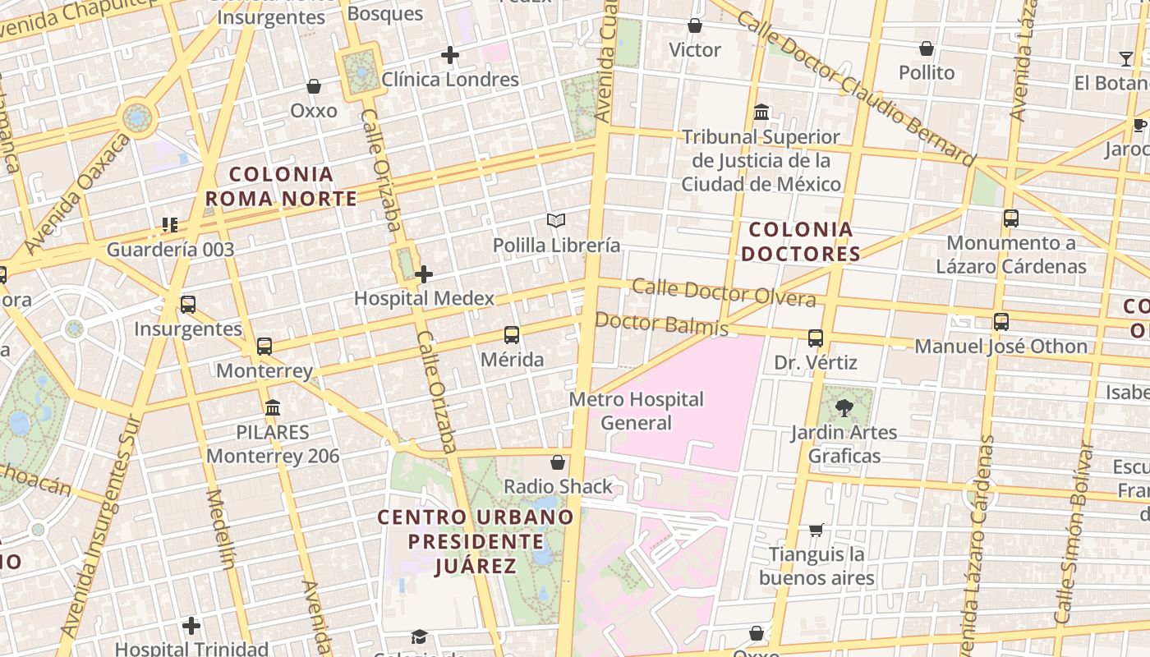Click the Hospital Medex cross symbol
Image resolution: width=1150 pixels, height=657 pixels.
(x=424, y=274)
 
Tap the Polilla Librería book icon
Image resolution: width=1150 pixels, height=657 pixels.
(x=556, y=221)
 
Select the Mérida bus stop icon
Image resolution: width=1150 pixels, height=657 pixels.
(x=512, y=335)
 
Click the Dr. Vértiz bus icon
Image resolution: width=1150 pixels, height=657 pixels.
(x=816, y=338)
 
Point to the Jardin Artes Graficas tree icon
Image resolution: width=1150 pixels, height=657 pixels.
(x=844, y=408)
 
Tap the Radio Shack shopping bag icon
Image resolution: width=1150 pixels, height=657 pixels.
(x=558, y=462)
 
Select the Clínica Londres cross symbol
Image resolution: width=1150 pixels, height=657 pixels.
(x=449, y=55)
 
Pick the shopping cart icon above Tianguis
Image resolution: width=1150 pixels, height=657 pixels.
(x=816, y=531)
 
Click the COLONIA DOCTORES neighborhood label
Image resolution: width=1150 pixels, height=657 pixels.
(x=801, y=241)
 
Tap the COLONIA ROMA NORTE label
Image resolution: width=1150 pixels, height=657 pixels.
(x=281, y=186)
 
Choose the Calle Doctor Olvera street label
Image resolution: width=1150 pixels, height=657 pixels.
(x=724, y=292)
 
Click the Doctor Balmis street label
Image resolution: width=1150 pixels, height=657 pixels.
(x=661, y=324)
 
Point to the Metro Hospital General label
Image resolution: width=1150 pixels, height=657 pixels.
(x=637, y=411)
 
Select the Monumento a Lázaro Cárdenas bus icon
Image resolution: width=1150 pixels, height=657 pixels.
(x=1011, y=218)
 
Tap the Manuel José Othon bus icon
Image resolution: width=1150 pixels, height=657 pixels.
(x=1000, y=322)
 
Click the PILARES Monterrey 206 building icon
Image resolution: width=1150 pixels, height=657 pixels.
(x=273, y=408)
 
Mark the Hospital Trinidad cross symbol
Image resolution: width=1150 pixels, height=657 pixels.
(x=191, y=626)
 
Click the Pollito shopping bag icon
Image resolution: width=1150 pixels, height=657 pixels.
(x=927, y=49)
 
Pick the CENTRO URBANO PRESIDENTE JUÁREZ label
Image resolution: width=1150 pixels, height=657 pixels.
(x=475, y=541)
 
